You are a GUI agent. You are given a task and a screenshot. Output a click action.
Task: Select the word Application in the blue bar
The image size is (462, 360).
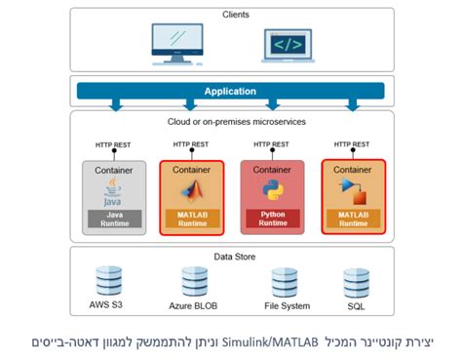coord(230,92)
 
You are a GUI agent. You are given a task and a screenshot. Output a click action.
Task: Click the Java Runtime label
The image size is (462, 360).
coord(114,218)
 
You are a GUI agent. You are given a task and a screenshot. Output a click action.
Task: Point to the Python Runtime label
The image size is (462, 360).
coord(272,218)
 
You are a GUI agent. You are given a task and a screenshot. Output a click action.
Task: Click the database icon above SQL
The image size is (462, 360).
coord(354,281)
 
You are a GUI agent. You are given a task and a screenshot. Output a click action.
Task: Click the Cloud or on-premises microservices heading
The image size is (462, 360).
coord(231,122)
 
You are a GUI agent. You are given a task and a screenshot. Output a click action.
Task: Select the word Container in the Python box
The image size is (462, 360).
coord(272,169)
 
